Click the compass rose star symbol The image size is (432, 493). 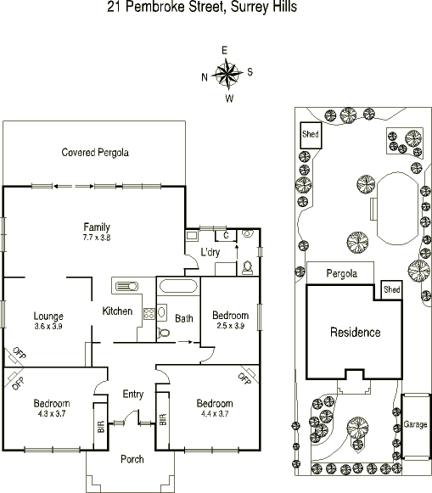pyautogui.click(x=227, y=74)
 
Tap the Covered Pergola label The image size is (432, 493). pyautogui.click(x=95, y=153)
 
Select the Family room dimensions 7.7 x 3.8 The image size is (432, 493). pyautogui.click(x=97, y=238)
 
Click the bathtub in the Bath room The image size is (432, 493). pyautogui.click(x=178, y=286)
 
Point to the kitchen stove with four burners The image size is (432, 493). pyautogui.click(x=149, y=313)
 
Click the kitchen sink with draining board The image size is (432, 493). pyautogui.click(x=126, y=287)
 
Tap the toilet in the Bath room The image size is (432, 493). pyautogui.click(x=163, y=332)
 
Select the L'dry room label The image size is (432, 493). pyautogui.click(x=210, y=252)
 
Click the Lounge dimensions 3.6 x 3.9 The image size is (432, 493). pyautogui.click(x=48, y=326)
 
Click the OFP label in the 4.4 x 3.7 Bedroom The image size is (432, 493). pyautogui.click(x=244, y=378)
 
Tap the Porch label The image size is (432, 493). pyautogui.click(x=132, y=459)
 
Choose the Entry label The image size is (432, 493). pyautogui.click(x=133, y=394)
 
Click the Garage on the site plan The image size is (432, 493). pyautogui.click(x=415, y=426)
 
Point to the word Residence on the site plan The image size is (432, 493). pyautogui.click(x=356, y=333)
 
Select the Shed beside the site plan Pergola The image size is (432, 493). pyautogui.click(x=392, y=290)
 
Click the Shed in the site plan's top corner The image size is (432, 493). pyautogui.click(x=311, y=135)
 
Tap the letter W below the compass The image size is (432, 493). pyautogui.click(x=229, y=98)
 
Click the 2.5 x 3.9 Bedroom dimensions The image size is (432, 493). pyautogui.click(x=231, y=326)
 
